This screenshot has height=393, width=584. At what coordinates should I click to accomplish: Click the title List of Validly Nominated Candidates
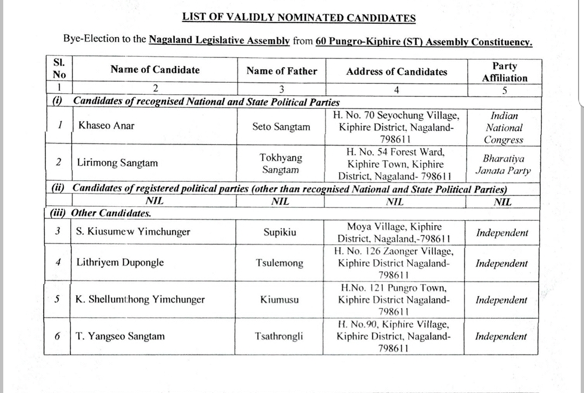pyautogui.click(x=299, y=18)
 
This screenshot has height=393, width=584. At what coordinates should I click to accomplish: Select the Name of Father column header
pyautogui.click(x=282, y=71)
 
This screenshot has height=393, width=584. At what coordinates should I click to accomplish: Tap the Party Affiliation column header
pyautogui.click(x=505, y=72)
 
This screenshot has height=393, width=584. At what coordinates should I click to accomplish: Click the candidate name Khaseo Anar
pyautogui.click(x=107, y=126)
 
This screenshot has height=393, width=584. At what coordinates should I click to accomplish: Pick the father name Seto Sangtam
pyautogui.click(x=281, y=127)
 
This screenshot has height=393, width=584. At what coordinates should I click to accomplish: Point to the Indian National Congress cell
pyautogui.click(x=503, y=128)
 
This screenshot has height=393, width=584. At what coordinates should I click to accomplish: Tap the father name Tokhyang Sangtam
pyautogui.click(x=281, y=163)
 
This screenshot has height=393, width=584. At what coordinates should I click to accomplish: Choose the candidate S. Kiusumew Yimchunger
pyautogui.click(x=133, y=232)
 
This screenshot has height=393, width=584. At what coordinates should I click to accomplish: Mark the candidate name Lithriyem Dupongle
pyautogui.click(x=120, y=263)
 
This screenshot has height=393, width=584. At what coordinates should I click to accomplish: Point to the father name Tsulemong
pyautogui.click(x=280, y=264)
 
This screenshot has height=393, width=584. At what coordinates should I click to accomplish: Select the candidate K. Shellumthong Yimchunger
pyautogui.click(x=140, y=299)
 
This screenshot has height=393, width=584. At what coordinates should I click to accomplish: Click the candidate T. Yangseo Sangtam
pyautogui.click(x=120, y=336)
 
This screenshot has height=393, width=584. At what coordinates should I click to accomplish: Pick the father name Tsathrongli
pyautogui.click(x=279, y=336)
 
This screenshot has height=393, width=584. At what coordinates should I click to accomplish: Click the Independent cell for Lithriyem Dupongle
pyautogui.click(x=502, y=264)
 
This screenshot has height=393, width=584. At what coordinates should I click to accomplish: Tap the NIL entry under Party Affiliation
pyautogui.click(x=502, y=202)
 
